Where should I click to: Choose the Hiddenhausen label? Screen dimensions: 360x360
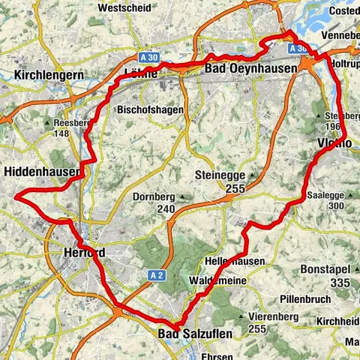point(41,172)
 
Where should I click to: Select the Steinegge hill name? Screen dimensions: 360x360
point(221,175)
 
